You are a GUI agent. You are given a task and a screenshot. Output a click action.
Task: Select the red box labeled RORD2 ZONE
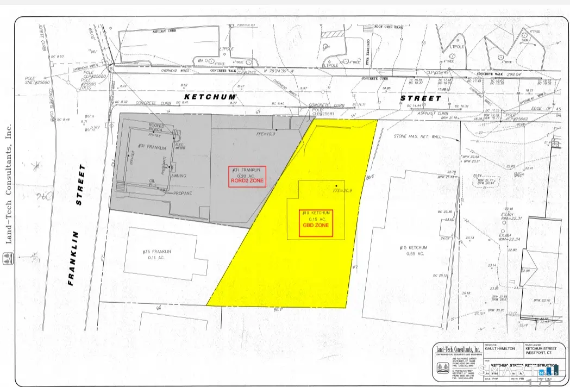coord(247,177)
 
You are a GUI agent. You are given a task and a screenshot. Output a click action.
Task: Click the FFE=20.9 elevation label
coord(342,191)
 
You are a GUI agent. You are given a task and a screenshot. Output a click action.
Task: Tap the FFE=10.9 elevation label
coord(266,133)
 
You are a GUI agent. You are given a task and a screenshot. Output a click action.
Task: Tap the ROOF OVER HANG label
coord(387,26)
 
